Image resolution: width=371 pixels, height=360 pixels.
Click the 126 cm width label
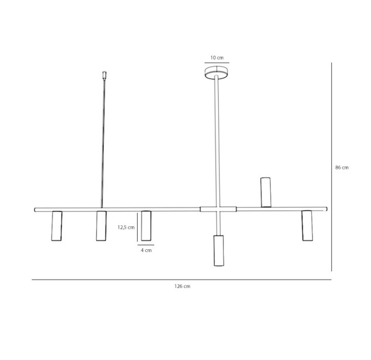182,286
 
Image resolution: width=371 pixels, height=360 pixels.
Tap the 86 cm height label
342,168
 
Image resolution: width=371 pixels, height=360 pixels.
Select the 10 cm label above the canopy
217,57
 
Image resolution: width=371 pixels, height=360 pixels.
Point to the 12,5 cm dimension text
126,227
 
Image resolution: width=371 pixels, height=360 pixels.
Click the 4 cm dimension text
146,250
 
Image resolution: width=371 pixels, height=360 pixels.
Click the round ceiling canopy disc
216,72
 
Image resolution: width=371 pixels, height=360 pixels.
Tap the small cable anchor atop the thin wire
104,74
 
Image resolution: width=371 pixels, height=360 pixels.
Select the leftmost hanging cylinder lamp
57,226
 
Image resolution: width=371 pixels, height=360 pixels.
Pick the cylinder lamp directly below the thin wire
101,226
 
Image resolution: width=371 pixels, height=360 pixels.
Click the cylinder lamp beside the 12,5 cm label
146,226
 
